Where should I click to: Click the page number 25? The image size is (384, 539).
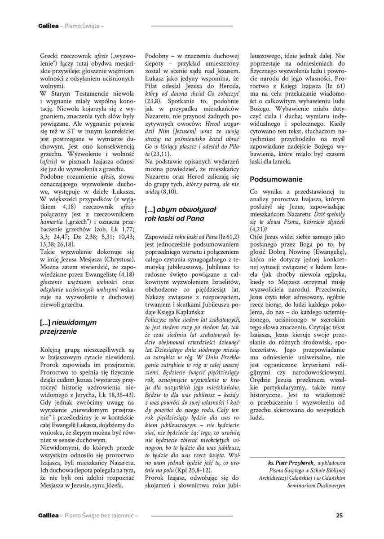point(340,516)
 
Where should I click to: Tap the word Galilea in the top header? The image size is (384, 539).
point(47,26)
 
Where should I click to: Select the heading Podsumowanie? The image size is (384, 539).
point(276,179)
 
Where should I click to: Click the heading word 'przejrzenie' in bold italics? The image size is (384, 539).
point(58,331)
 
